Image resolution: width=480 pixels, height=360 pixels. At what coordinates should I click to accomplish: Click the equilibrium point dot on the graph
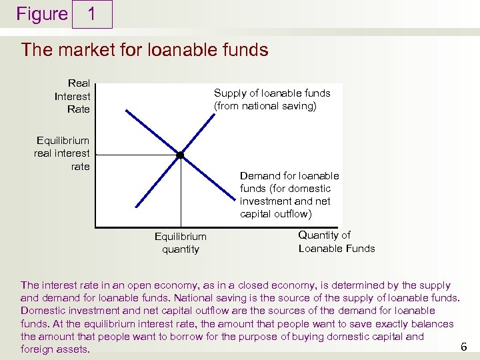point(180,155)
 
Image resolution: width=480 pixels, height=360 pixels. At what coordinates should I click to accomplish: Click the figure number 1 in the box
point(92,14)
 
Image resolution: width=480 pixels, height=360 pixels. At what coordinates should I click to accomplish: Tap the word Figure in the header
point(42,14)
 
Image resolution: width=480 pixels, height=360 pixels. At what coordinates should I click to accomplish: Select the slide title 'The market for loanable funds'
point(145,50)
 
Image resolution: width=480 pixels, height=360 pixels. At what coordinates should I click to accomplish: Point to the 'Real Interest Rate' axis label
point(73,96)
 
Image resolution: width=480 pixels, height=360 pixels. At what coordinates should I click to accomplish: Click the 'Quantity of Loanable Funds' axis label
point(336,241)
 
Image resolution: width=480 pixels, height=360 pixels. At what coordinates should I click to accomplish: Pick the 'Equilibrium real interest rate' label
point(62,153)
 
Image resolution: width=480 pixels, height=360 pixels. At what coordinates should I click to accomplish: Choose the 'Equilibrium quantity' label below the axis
point(180,243)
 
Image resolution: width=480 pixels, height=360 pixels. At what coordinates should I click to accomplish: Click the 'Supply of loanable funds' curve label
point(271,93)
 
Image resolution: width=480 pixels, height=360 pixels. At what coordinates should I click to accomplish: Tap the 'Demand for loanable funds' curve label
point(289,176)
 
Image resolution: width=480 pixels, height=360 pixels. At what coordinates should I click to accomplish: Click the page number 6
point(464,347)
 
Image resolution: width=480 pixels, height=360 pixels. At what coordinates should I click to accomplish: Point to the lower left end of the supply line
point(137,207)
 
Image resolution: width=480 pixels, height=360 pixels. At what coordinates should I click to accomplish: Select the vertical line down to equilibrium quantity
point(180,193)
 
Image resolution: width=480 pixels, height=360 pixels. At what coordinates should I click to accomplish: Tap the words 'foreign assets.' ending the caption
point(55,349)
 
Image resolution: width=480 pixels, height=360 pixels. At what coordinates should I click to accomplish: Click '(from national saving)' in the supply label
point(265,106)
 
